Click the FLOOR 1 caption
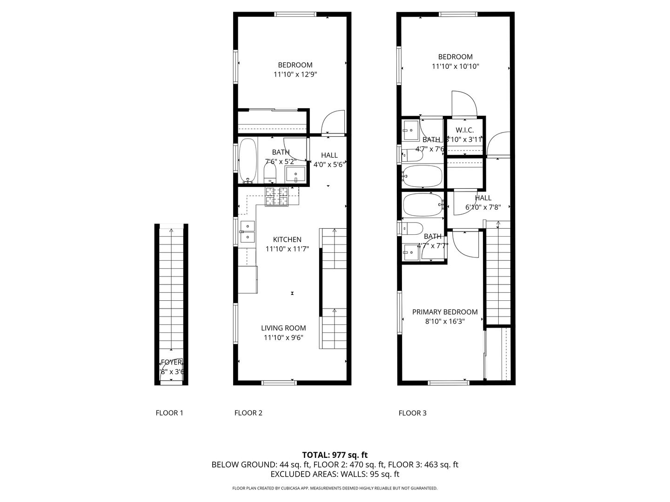pos(169,413)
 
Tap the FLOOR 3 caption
pos(412,413)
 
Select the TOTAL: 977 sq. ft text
pos(335,455)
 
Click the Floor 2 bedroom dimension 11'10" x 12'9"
pos(295,74)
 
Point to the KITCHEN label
pos(287,239)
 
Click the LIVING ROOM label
pos(283,328)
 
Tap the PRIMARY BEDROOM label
pos(445,312)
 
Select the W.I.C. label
pos(464,130)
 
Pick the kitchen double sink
pos(248,231)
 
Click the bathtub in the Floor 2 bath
pos(247,160)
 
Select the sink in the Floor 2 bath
pos(295,175)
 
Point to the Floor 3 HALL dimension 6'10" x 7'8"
pos(483,207)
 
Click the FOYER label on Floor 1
pos(172,363)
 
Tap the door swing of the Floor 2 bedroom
pos(333,122)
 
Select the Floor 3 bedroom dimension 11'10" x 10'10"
pos(455,66)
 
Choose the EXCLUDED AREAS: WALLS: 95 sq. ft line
pos(335,474)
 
